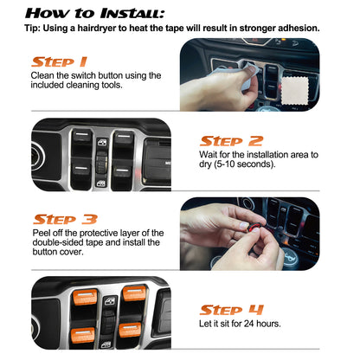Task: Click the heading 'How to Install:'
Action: pyautogui.click(x=93, y=12)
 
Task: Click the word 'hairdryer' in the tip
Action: pyautogui.click(x=103, y=28)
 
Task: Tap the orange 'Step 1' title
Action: pyautogui.click(x=58, y=61)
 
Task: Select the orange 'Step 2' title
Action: pyautogui.click(x=231, y=140)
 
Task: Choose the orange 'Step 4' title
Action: pyautogui.click(x=231, y=309)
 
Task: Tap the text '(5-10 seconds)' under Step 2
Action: pyautogui.click(x=273, y=164)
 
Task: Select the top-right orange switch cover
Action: pyautogui.click(x=134, y=293)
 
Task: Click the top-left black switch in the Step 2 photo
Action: pyautogui.click(x=83, y=138)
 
